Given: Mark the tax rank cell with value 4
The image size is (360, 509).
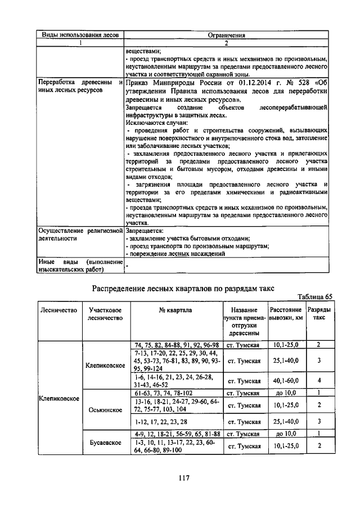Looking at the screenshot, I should coord(318,380).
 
